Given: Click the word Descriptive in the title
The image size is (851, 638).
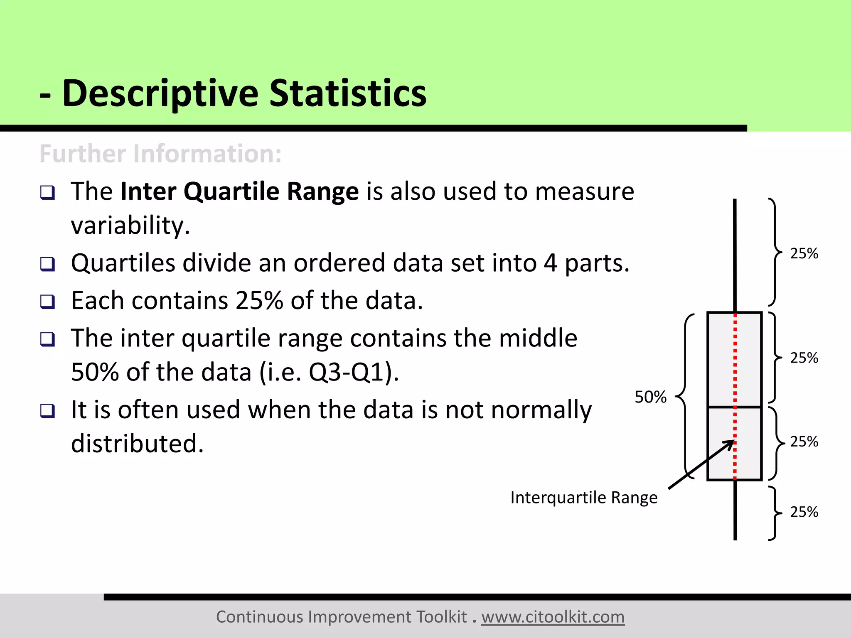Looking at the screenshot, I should pyautogui.click(x=160, y=93).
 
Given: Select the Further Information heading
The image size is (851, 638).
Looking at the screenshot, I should pyautogui.click(x=160, y=154).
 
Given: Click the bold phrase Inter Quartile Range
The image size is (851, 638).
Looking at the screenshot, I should pyautogui.click(x=239, y=191).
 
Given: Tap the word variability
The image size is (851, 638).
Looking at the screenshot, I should pyautogui.click(x=130, y=226).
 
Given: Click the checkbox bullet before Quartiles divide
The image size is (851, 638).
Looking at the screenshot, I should pyautogui.click(x=47, y=264).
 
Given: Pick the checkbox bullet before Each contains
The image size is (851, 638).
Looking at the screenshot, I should pyautogui.click(x=47, y=302).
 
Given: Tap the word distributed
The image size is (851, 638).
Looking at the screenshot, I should pyautogui.click(x=137, y=443).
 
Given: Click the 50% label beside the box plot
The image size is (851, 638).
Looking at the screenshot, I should pyautogui.click(x=650, y=397).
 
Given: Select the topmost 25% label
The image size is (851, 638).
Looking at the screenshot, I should pyautogui.click(x=804, y=253).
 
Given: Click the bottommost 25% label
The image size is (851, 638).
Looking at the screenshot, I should pyautogui.click(x=804, y=512).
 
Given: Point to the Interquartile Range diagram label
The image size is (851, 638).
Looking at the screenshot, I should pyautogui.click(x=583, y=497).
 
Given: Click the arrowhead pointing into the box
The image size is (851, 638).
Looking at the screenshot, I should pyautogui.click(x=729, y=444).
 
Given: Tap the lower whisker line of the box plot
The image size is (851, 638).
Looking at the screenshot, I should pyautogui.click(x=735, y=511).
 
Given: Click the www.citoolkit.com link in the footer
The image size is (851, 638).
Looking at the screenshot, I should pyautogui.click(x=553, y=617).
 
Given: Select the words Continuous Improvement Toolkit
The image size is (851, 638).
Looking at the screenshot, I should pyautogui.click(x=341, y=617).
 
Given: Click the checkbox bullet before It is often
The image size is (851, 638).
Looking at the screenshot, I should pyautogui.click(x=47, y=411).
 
